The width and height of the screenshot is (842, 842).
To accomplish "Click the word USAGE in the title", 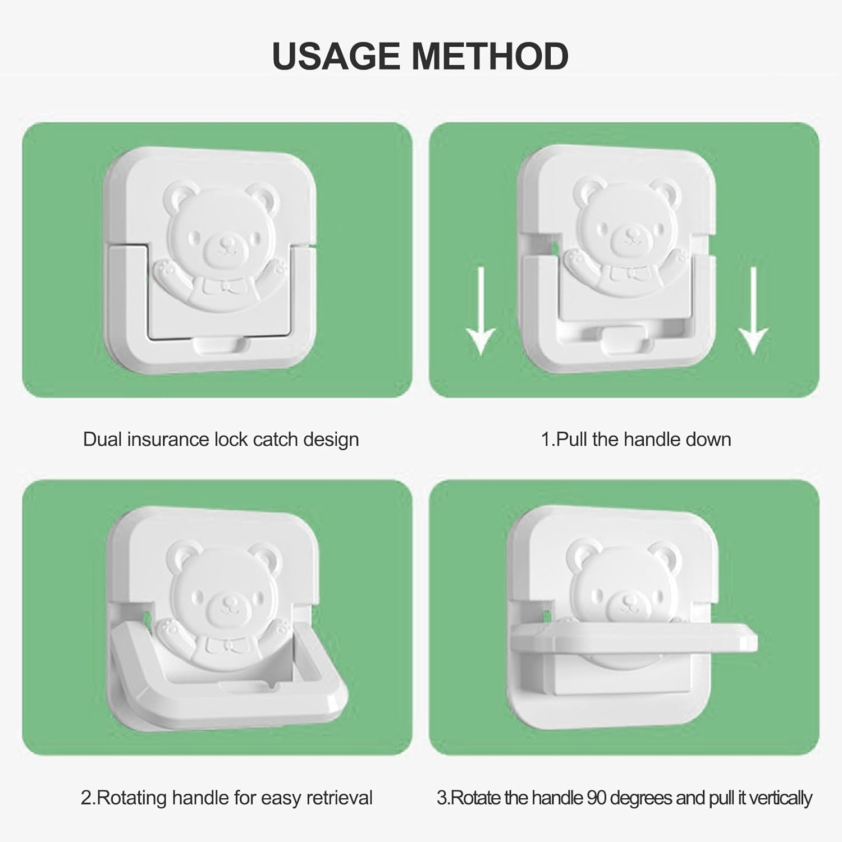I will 337,56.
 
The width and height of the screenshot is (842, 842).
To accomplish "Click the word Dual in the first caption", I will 102,439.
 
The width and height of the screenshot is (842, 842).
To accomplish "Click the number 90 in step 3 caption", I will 597,798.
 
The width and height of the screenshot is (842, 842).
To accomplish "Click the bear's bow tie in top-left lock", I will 227,287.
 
